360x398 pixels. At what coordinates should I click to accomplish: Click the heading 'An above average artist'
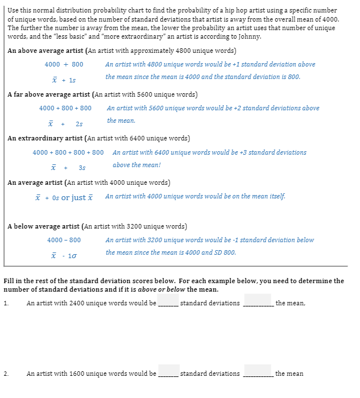point(44,51)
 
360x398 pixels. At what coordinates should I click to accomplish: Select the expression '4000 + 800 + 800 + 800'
point(68,152)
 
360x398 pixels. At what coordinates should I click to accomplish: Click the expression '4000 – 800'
point(64,240)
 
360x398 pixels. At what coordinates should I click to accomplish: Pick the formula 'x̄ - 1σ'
point(64,256)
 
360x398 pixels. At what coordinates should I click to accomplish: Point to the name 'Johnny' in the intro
point(250,36)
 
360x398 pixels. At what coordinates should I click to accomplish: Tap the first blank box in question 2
point(169,370)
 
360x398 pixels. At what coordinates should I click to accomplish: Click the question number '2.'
point(6,374)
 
